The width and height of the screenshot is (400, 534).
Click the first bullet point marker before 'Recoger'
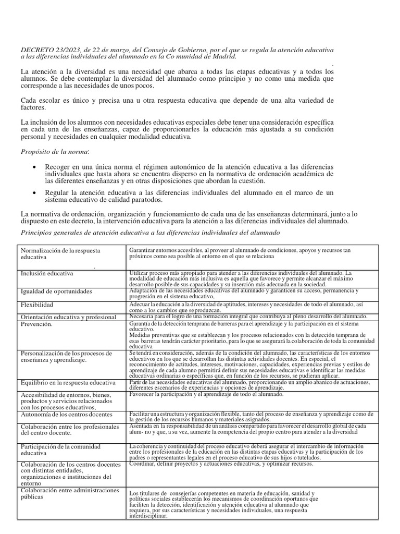[x=34, y=166]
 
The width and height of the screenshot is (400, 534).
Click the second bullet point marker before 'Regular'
[x=34, y=192]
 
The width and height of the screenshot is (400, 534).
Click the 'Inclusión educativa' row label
[x=47, y=273]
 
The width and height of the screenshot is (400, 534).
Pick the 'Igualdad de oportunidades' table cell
[x=56, y=291]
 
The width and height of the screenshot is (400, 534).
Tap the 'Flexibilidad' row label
[x=37, y=304]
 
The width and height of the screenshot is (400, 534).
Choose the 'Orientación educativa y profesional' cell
[x=68, y=317]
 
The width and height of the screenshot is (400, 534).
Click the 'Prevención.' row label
[x=36, y=324]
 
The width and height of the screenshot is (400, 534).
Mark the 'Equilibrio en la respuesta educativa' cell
[x=68, y=383]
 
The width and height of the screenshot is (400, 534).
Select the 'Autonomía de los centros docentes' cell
[x=66, y=415]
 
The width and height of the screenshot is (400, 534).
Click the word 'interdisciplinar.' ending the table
[x=148, y=516]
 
